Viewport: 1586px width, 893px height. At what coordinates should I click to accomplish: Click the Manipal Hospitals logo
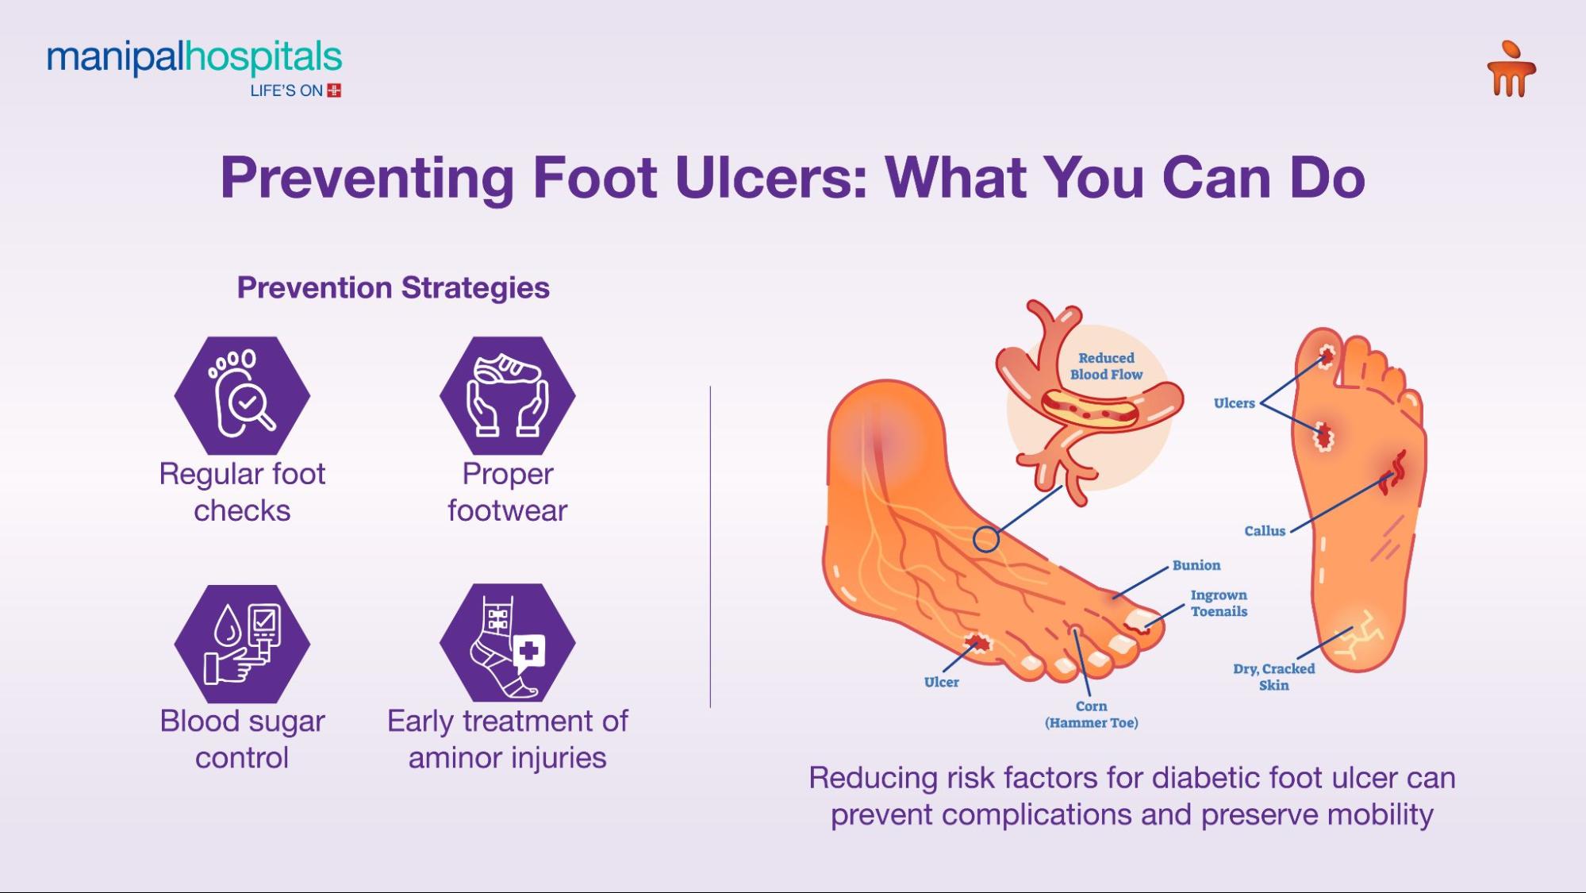point(194,67)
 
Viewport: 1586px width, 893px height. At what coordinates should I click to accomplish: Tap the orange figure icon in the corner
point(1511,70)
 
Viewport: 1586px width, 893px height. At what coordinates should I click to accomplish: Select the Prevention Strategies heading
point(393,287)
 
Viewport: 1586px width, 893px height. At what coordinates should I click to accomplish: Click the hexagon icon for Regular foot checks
point(242,395)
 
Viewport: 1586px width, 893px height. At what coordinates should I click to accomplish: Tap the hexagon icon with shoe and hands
point(508,395)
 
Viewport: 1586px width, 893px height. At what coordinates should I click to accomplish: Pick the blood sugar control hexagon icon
point(242,644)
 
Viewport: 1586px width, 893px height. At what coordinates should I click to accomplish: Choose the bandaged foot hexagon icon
point(508,643)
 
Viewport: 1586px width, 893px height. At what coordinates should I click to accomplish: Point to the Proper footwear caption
point(508,492)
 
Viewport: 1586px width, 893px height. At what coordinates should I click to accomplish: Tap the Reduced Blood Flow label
point(1106,367)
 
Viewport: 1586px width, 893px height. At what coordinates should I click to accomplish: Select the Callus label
point(1264,531)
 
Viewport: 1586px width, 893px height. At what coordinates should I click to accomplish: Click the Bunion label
point(1196,565)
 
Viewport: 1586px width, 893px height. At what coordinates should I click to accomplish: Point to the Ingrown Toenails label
point(1219,603)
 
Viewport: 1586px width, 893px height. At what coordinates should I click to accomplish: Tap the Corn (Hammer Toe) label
point(1091,714)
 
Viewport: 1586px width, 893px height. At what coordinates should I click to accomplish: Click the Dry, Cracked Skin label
point(1273,677)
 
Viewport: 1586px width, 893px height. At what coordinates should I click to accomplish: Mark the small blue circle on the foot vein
point(985,540)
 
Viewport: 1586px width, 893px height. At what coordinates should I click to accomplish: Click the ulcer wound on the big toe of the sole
point(1326,355)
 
